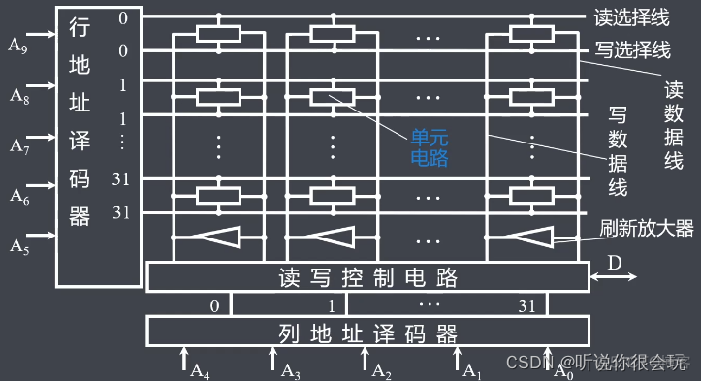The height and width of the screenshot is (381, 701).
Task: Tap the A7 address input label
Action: [20, 145]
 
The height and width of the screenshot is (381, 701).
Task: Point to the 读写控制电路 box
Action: [368, 278]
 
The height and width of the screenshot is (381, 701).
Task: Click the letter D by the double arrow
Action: [614, 263]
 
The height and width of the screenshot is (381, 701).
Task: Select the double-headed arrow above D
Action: [613, 279]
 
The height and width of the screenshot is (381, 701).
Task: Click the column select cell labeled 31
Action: [526, 304]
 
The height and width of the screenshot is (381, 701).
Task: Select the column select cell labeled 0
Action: [214, 304]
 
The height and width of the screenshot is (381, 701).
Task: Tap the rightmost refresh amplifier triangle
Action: [531, 237]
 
